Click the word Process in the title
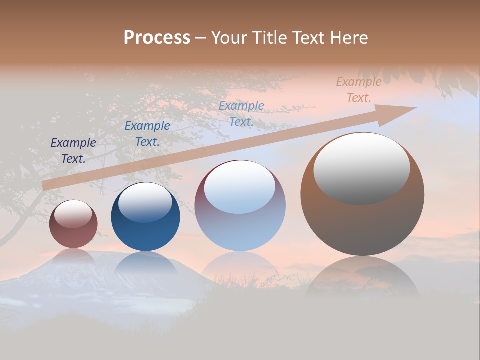click(157, 38)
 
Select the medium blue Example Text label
click(147, 134)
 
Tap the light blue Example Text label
click(241, 114)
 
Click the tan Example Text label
click(359, 90)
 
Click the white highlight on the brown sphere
click(361, 168)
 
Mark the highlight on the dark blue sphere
click(145, 202)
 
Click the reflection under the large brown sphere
click(362, 277)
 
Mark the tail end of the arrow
click(45, 185)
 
